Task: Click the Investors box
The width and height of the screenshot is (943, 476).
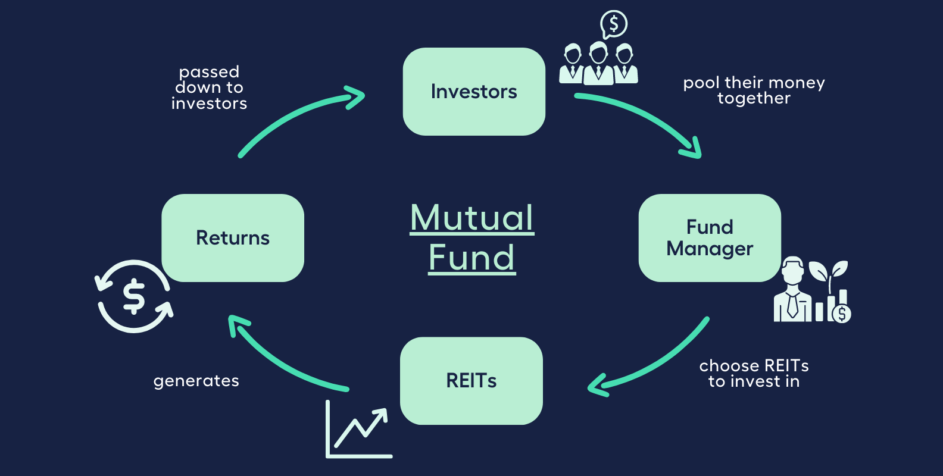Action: (x=474, y=92)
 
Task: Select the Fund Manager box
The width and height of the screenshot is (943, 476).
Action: (x=710, y=237)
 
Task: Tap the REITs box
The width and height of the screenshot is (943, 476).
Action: (x=471, y=381)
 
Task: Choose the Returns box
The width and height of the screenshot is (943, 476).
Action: (x=233, y=238)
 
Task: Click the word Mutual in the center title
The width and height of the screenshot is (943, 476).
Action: (x=472, y=218)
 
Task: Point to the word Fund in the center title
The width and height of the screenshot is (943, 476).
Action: (x=472, y=258)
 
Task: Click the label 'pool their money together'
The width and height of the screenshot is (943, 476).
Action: (x=754, y=90)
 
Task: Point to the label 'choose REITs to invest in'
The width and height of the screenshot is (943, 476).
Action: (x=754, y=373)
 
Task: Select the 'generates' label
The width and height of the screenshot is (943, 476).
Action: (x=196, y=381)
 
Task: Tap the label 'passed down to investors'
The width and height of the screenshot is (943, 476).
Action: (x=209, y=87)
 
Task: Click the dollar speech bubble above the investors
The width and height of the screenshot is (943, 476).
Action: (x=614, y=24)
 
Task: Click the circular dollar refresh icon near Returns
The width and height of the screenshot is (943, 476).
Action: (x=135, y=296)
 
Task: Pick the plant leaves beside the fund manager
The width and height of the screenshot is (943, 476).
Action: (x=829, y=271)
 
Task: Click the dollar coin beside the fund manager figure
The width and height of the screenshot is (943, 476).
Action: (x=842, y=313)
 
